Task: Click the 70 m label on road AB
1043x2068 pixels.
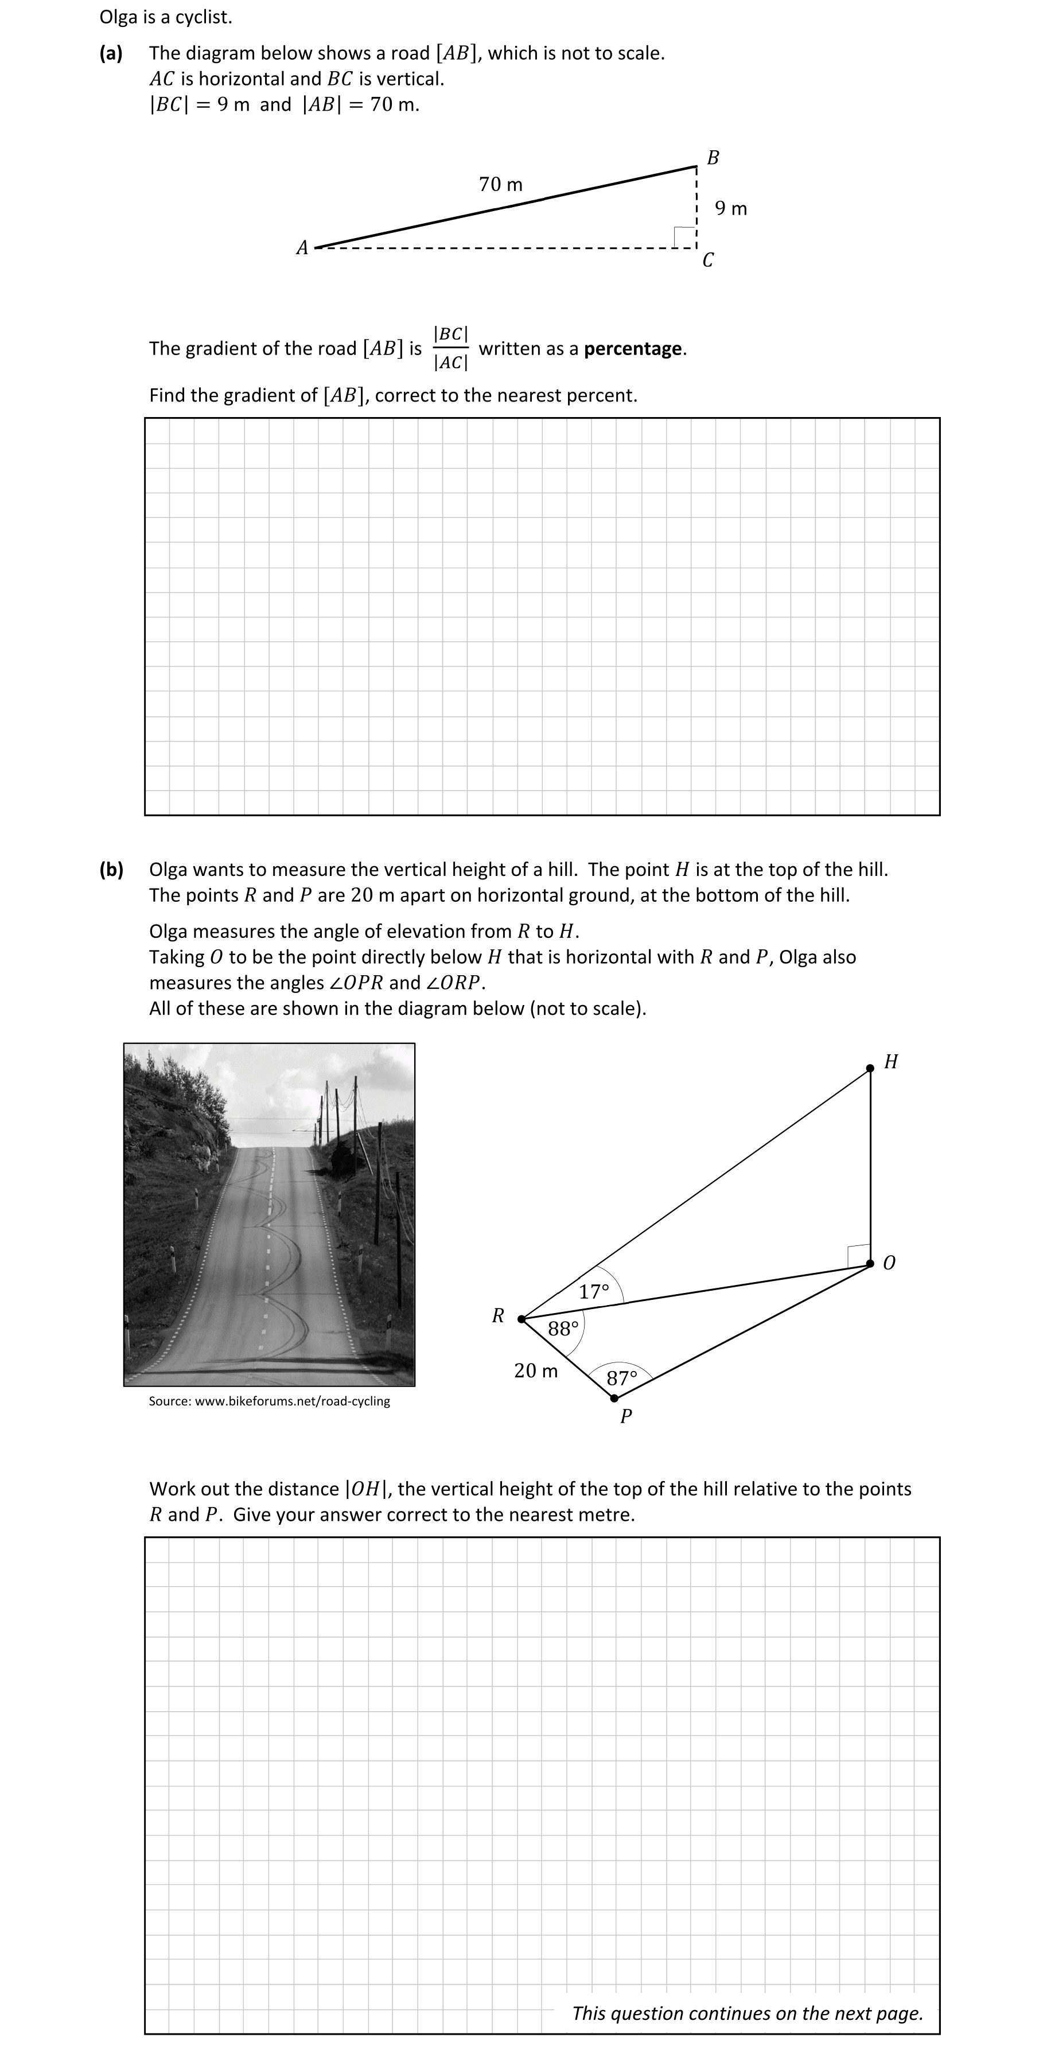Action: [500, 185]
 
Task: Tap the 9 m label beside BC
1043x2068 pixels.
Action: [731, 209]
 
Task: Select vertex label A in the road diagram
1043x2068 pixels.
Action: [302, 248]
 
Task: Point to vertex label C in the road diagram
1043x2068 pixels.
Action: [707, 260]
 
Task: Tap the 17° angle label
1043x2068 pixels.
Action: [594, 1292]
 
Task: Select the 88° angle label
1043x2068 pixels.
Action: [563, 1329]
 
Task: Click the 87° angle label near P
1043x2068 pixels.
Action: [621, 1378]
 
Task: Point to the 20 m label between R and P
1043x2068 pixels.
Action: [535, 1371]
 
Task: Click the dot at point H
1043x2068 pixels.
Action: [870, 1069]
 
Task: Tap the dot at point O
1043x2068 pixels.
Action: [870, 1264]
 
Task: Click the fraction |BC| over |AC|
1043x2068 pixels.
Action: [450, 348]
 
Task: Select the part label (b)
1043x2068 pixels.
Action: [112, 870]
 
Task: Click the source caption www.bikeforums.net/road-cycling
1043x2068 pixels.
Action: [269, 1401]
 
